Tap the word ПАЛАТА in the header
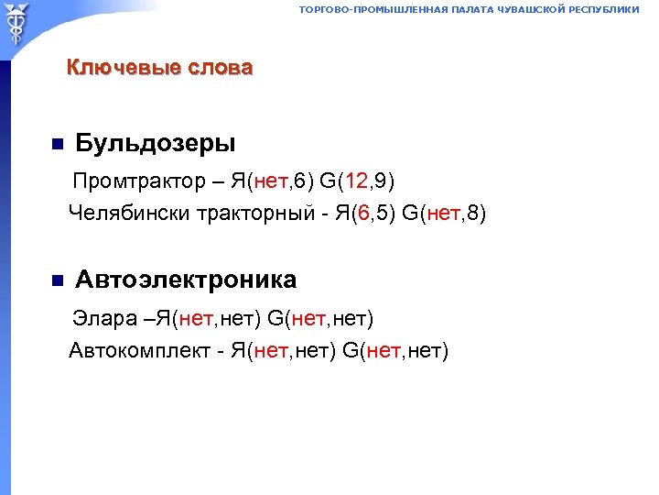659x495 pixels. pos(470,9)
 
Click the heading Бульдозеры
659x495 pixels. pos(155,143)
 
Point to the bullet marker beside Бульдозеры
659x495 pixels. pos(56,144)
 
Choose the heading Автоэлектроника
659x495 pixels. pos(186,279)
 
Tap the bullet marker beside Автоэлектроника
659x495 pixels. pos(56,280)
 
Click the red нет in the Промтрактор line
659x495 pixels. pos(271,180)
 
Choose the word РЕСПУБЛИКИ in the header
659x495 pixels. pos(606,9)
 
